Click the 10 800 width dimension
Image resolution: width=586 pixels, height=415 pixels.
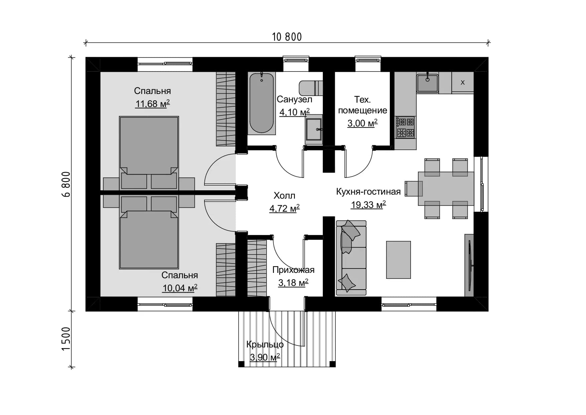pyautogui.click(x=287, y=37)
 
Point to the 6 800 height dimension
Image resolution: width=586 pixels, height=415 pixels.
pyautogui.click(x=66, y=184)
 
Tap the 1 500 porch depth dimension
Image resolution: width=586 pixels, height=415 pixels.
pyautogui.click(x=66, y=339)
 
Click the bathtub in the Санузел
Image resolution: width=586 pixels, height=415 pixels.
pyautogui.click(x=262, y=103)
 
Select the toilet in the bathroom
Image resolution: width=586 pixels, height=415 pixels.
pyautogui.click(x=311, y=88)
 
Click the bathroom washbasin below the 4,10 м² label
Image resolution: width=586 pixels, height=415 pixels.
pyautogui.click(x=314, y=129)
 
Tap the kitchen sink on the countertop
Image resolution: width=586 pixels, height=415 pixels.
pyautogui.click(x=427, y=83)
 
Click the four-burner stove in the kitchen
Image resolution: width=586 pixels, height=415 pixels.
pyautogui.click(x=405, y=127)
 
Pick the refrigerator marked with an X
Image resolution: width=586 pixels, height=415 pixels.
pyautogui.click(x=462, y=82)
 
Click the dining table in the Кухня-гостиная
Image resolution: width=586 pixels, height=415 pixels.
pyautogui.click(x=446, y=188)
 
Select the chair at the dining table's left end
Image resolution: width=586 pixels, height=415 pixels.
pyautogui.click(x=414, y=189)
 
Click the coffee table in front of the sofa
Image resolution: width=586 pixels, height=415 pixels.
pyautogui.click(x=399, y=260)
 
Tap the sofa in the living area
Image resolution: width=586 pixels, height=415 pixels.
pyautogui.click(x=351, y=258)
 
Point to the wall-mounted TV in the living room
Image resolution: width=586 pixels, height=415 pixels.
pyautogui.click(x=469, y=265)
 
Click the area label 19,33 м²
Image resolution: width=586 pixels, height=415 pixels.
pyautogui.click(x=368, y=205)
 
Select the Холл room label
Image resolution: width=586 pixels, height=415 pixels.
pyautogui.click(x=284, y=196)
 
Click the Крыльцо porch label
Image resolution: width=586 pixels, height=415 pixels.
pyautogui.click(x=265, y=344)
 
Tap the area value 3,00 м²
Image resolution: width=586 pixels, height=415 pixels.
pyautogui.click(x=362, y=123)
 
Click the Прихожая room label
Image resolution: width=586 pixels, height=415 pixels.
pyautogui.click(x=293, y=270)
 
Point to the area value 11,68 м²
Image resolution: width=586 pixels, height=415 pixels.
pyautogui.click(x=152, y=104)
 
